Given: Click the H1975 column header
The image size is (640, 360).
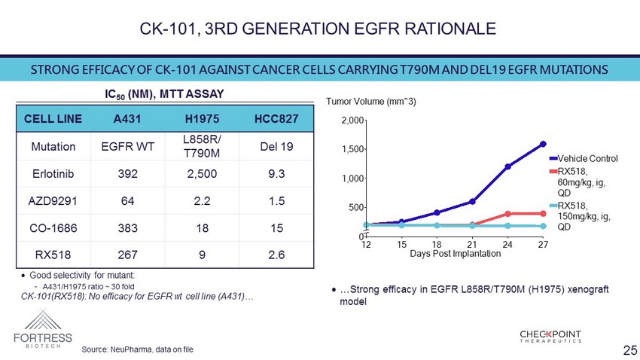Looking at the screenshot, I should (x=202, y=120).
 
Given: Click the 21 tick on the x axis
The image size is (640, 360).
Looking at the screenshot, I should (x=472, y=245).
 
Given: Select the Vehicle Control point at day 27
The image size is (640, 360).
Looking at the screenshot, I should (x=543, y=144).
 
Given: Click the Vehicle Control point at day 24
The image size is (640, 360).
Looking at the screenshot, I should (x=507, y=166).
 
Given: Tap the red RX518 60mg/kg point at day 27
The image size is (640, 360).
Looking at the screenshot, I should (x=543, y=214).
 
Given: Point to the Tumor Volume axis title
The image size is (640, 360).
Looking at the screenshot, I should (x=370, y=101).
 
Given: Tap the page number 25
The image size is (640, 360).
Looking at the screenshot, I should (x=630, y=349).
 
